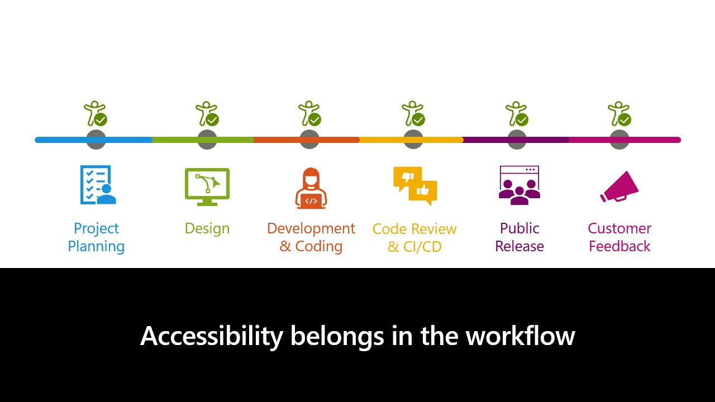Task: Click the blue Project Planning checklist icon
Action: point(98,185)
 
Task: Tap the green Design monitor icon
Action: point(207,187)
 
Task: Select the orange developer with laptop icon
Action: point(311,188)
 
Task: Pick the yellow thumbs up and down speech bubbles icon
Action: point(415,186)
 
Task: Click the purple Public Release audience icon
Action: point(519,185)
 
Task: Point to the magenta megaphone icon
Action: point(619,187)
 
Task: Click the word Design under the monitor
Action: point(207,229)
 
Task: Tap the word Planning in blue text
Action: point(96,247)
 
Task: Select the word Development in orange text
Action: point(311,229)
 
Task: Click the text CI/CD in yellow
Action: point(422,247)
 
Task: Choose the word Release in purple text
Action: point(519,246)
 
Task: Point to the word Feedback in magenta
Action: point(619,246)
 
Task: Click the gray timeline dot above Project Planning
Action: point(96,140)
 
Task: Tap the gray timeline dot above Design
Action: point(207,140)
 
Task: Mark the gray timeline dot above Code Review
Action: point(413,140)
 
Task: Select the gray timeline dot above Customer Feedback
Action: point(619,140)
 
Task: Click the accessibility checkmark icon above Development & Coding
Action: point(309,113)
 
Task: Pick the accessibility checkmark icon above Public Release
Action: point(517,113)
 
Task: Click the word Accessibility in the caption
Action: point(212,336)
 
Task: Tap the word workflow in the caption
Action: point(520,336)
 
